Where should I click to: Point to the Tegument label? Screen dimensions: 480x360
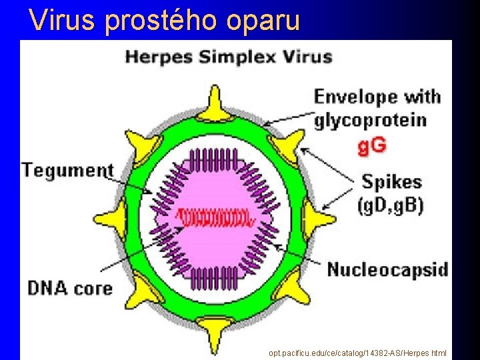[x=67, y=169]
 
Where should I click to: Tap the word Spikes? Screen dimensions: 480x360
[x=391, y=181]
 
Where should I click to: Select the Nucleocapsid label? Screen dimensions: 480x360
[x=387, y=270]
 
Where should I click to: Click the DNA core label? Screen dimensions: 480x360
[x=70, y=288]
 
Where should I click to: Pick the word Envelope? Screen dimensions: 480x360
[x=353, y=97]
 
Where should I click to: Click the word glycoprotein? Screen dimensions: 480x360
[x=370, y=120]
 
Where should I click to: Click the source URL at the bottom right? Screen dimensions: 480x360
[x=357, y=353]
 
